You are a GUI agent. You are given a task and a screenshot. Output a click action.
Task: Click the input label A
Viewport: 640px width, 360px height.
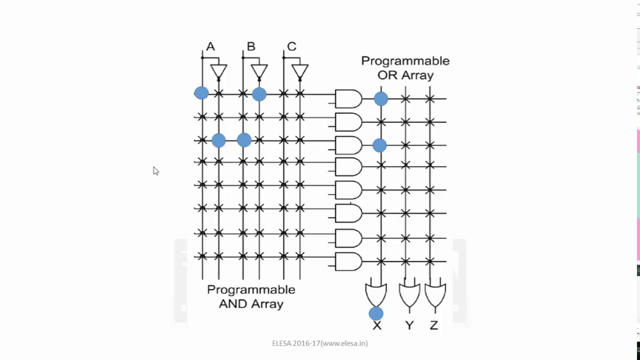click(x=210, y=46)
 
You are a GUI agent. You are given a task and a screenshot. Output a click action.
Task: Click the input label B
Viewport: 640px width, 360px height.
click(x=251, y=46)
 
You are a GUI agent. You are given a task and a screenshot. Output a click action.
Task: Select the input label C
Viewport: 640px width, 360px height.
click(x=291, y=46)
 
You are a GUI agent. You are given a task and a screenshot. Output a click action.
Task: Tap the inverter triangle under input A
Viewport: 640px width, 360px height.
click(x=218, y=71)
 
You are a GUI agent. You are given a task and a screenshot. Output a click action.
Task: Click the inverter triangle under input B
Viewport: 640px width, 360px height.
click(x=259, y=71)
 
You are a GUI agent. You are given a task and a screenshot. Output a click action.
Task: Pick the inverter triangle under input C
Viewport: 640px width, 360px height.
click(x=299, y=71)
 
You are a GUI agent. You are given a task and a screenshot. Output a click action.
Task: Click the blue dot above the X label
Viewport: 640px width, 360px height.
click(x=376, y=313)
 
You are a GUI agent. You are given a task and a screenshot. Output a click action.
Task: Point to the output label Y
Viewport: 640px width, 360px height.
click(x=409, y=325)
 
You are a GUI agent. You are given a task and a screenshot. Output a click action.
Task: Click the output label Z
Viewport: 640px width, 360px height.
click(x=433, y=325)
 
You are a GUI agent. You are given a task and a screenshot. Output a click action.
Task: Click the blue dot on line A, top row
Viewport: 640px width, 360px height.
click(x=201, y=93)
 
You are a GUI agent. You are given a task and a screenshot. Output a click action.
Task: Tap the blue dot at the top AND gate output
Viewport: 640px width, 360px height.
click(x=380, y=98)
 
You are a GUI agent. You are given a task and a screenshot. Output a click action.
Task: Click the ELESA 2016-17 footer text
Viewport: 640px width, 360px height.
click(x=320, y=343)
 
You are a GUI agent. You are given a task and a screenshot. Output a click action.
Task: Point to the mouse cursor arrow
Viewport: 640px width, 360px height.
click(x=155, y=171)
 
